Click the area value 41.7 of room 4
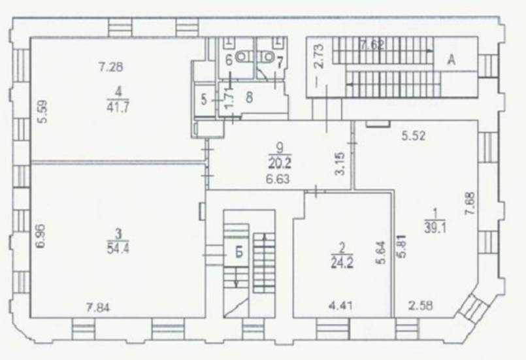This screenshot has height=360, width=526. tap(118, 108)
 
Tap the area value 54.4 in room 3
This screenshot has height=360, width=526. tap(118, 249)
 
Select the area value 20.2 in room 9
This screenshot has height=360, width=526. tap(280, 163)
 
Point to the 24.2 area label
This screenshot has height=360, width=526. tap(342, 263)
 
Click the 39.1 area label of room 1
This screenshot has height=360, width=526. tap(435, 228)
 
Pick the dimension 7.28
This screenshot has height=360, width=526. tap(110, 67)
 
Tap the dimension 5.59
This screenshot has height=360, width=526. tap(43, 112)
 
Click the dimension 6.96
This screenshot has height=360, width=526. tap(41, 236)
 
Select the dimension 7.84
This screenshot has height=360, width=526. tap(98, 308)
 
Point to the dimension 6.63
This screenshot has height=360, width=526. tap(278, 179)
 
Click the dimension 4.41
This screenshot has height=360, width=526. tap(340, 306)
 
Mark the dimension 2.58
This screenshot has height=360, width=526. tap(420, 306)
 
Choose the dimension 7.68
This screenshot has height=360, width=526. tap(470, 203)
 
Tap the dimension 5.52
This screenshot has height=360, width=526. tap(414, 136)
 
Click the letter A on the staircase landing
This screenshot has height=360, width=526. tap(452, 60)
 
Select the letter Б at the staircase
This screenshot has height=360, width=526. tap(239, 253)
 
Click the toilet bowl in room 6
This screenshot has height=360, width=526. tap(243, 57)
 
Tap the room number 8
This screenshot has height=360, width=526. tap(249, 97)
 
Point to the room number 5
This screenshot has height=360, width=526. tap(204, 100)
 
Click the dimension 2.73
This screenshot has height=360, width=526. tap(319, 56)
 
